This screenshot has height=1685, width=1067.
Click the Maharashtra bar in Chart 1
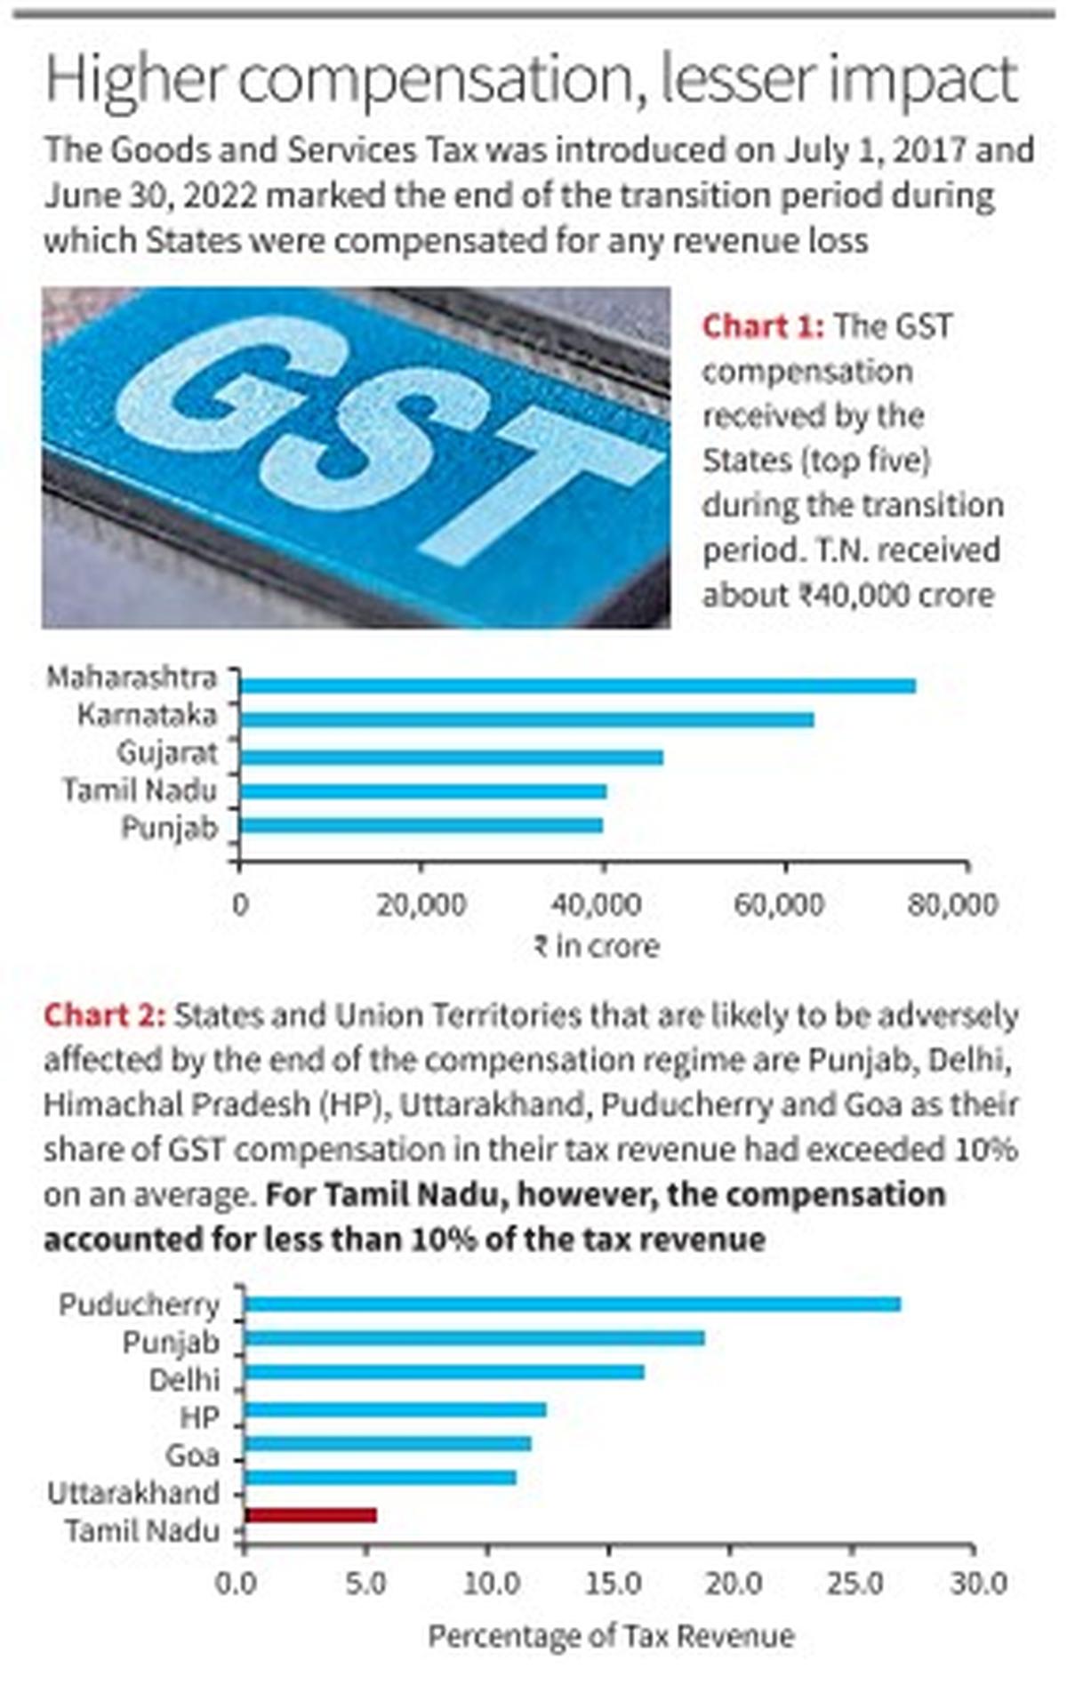[578, 686]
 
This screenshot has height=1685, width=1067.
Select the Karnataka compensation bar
[526, 719]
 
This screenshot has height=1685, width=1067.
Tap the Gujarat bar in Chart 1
[452, 757]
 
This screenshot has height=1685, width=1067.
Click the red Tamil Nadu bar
[310, 1515]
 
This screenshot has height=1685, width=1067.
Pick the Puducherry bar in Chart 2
[573, 1304]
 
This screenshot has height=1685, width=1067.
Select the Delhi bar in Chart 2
[445, 1372]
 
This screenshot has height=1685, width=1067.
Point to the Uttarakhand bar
[381, 1478]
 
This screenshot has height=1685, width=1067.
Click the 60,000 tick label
[779, 905]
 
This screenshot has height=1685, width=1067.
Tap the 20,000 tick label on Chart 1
[421, 905]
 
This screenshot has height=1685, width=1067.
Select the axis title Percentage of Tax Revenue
[611, 1636]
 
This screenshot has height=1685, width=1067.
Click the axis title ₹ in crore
[597, 946]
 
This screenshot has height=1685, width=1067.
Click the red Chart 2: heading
[104, 1015]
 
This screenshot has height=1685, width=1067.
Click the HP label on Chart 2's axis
[199, 1417]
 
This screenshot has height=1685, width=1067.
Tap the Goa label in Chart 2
[192, 1456]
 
